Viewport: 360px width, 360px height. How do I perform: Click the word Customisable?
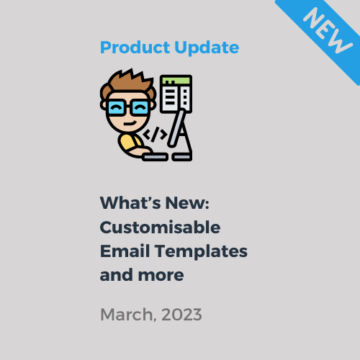click(x=160, y=228)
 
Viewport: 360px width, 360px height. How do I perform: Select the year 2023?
click(x=182, y=315)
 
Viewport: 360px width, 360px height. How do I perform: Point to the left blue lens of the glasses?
click(x=115, y=109)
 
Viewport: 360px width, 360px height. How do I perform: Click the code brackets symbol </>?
click(x=156, y=134)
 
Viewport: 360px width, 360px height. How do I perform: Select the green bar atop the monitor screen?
click(x=176, y=79)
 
